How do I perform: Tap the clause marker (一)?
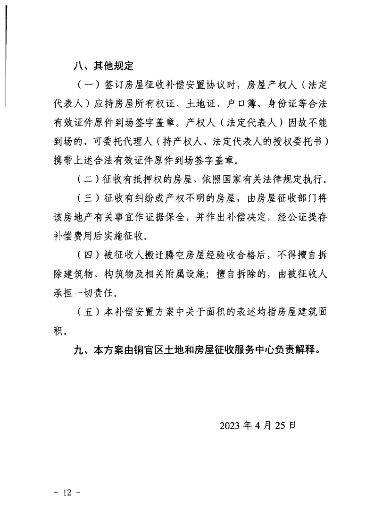[x=85, y=86]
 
